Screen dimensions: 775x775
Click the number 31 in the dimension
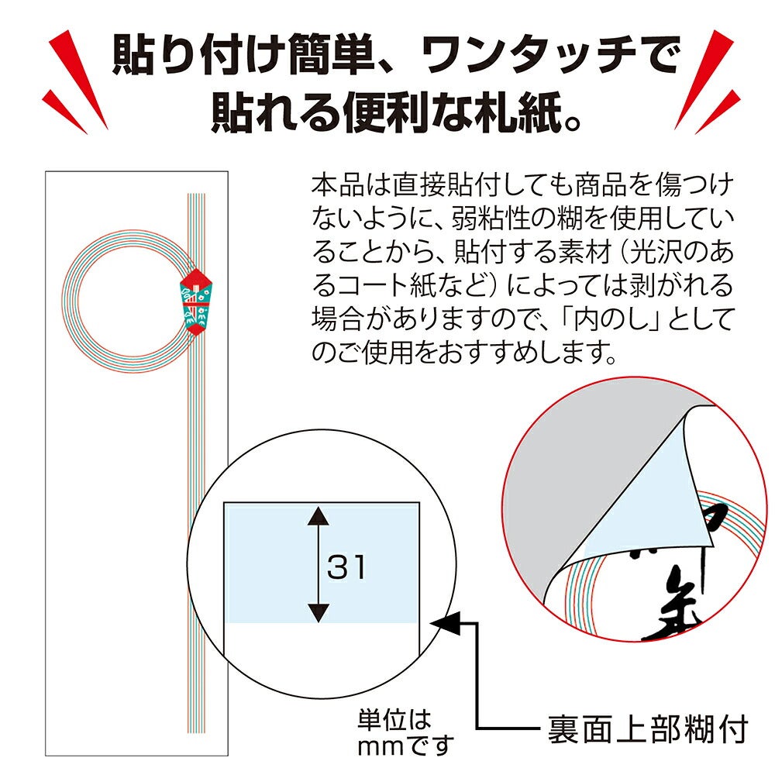346,567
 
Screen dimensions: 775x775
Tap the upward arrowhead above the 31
319,516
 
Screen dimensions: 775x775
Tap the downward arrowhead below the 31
319,613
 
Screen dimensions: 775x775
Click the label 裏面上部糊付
648,728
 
